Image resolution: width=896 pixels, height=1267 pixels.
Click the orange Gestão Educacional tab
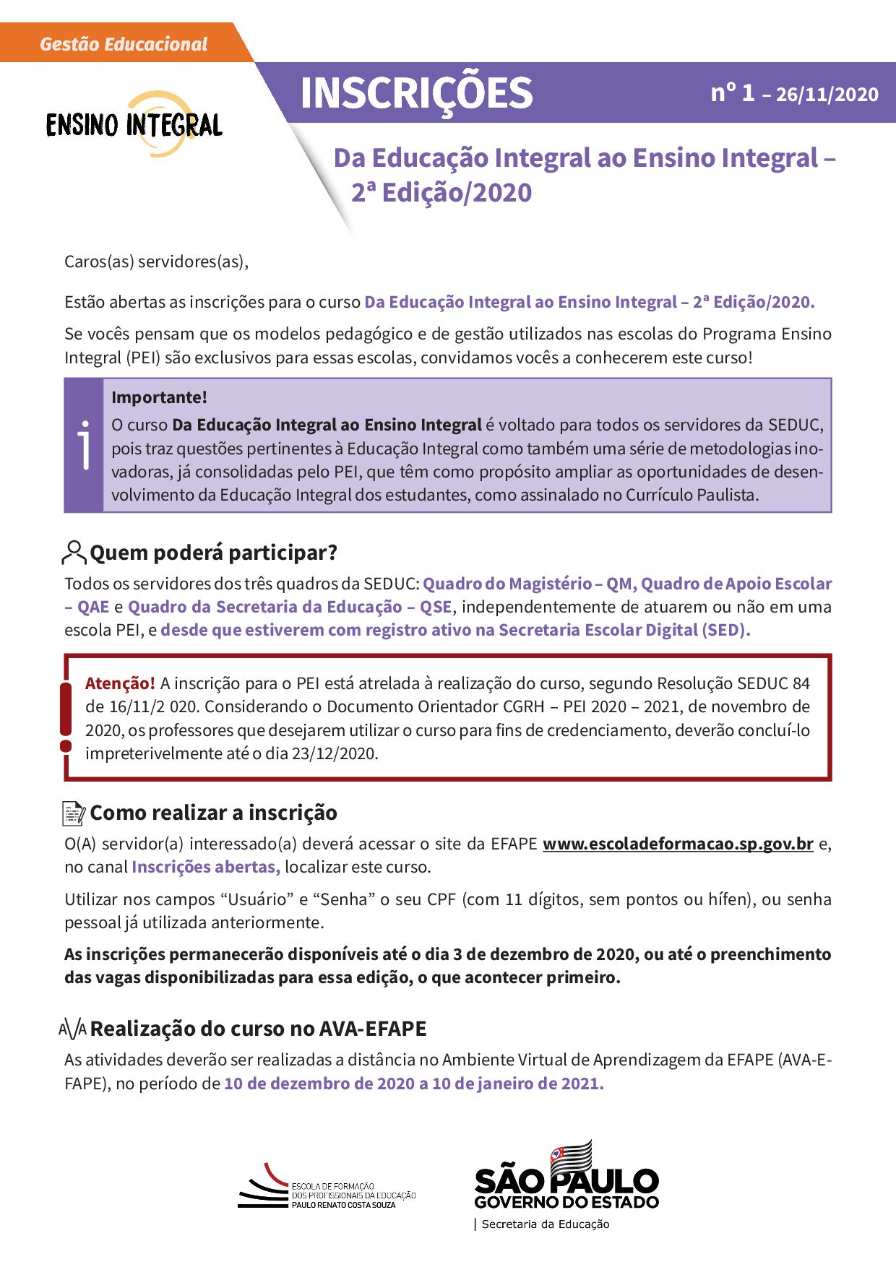point(124,44)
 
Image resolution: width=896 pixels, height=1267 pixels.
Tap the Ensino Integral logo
point(134,124)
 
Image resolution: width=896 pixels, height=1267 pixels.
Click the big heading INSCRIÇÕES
point(416,92)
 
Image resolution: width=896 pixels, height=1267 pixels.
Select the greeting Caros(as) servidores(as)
point(156,261)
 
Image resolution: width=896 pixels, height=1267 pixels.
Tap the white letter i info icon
point(84,446)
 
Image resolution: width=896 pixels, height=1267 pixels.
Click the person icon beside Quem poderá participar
point(74,553)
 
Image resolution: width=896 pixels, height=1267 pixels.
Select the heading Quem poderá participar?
point(213,553)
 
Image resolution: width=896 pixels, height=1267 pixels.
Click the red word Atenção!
point(120,683)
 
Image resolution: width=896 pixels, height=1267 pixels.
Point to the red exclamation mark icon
point(66,718)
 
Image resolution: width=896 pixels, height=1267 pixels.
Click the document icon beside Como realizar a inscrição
point(74,813)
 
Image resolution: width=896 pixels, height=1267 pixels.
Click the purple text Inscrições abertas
point(205,867)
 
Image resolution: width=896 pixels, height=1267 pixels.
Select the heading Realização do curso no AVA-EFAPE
point(258,1028)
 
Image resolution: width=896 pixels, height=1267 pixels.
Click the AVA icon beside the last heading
point(73,1029)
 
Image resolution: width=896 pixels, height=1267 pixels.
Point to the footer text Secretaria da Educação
point(546,1224)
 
